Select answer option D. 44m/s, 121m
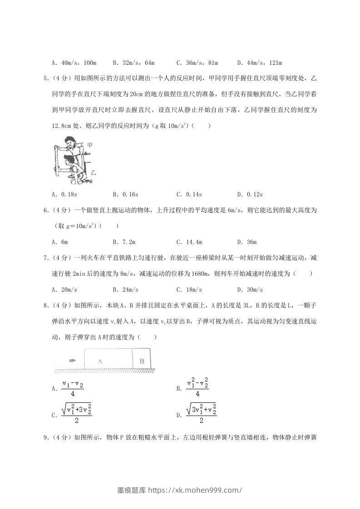(260, 63)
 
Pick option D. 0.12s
(250, 195)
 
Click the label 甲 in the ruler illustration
(90, 145)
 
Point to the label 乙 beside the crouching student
(94, 173)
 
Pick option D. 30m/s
(250, 289)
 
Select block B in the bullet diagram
(142, 361)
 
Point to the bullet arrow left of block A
(72, 361)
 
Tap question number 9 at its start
(46, 438)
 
